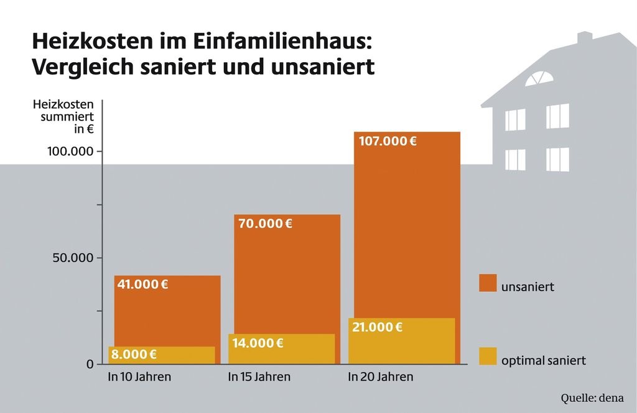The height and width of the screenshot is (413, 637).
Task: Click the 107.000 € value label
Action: point(388,141)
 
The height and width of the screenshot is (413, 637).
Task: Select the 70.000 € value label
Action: point(265,224)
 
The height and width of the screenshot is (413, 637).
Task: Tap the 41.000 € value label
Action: point(143,285)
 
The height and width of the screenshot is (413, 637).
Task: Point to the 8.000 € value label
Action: point(133,355)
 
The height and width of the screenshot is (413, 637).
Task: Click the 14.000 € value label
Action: point(258,342)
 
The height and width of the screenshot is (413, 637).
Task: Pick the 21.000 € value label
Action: point(377,327)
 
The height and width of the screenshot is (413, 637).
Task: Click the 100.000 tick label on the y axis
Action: point(70,152)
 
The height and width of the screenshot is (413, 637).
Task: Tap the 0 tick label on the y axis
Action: point(90,364)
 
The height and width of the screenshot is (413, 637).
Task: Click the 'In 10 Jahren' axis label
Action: point(139,377)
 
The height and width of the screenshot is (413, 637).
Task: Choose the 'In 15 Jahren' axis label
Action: point(259,377)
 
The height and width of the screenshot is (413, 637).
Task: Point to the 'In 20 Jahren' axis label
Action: point(380,377)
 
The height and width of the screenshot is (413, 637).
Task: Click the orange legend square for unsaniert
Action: point(488,283)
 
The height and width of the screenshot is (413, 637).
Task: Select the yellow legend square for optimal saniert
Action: point(488,356)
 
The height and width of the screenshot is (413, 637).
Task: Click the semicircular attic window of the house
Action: point(538,79)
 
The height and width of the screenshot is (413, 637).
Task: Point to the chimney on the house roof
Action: point(584,39)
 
